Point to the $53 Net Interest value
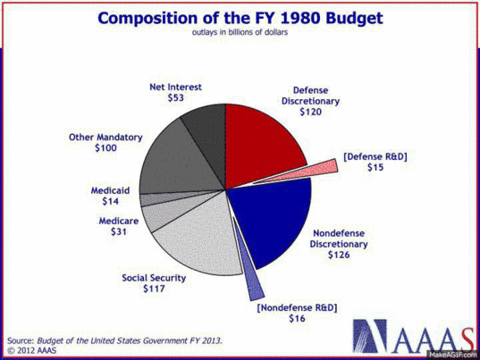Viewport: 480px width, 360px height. [x=176, y=98]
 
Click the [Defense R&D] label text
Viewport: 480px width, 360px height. [x=375, y=156]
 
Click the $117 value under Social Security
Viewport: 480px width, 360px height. [x=154, y=289]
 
